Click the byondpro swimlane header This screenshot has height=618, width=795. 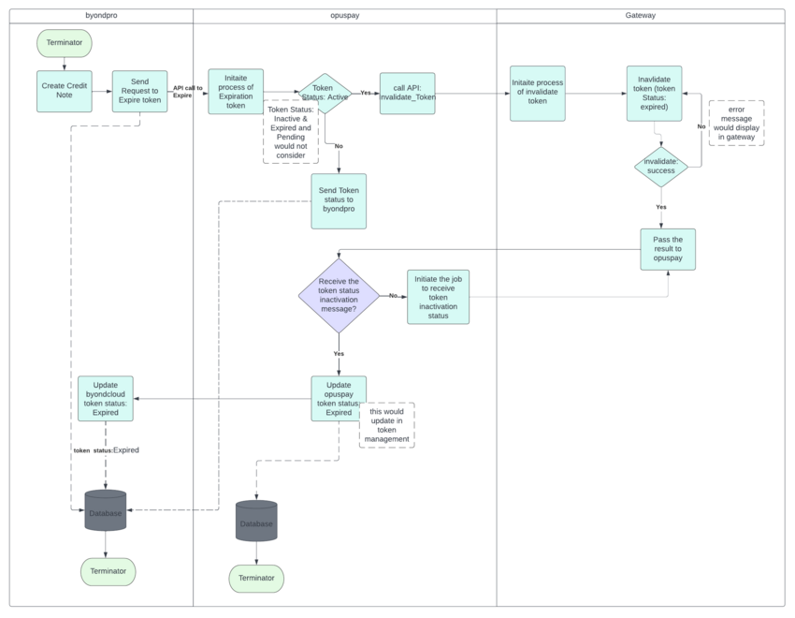(x=101, y=16)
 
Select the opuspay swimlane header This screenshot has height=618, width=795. (x=344, y=16)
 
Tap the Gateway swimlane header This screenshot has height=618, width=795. (x=640, y=16)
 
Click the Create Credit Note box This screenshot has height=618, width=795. (x=65, y=92)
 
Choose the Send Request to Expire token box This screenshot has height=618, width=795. (x=139, y=92)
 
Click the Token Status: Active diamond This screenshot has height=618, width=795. (x=324, y=94)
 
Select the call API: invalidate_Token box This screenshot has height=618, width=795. (x=407, y=93)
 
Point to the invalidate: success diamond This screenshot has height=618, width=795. (x=660, y=167)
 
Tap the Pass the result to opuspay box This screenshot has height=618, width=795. (x=668, y=249)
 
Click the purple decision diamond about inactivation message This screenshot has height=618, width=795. (x=339, y=295)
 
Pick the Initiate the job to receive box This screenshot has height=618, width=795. (x=438, y=296)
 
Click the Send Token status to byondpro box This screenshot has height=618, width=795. (x=339, y=200)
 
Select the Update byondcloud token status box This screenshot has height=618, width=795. (x=105, y=398)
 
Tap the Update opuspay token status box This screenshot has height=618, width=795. (x=339, y=398)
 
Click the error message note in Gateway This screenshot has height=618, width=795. (x=736, y=123)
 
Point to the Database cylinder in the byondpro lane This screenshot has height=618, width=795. (x=105, y=511)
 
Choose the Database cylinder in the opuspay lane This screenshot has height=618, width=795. (x=256, y=522)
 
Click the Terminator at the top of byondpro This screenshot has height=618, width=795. (x=65, y=42)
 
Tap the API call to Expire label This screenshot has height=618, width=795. (x=187, y=92)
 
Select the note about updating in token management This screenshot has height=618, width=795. (x=387, y=424)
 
